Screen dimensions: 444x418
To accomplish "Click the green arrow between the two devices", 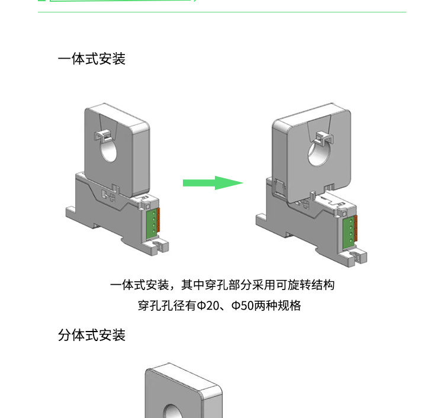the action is pos(212,182).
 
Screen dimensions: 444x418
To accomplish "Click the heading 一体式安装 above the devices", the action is pos(92,59).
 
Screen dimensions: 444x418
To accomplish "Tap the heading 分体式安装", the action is pos(92,335).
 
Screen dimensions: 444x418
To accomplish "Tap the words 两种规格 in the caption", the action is pos(279,306).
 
